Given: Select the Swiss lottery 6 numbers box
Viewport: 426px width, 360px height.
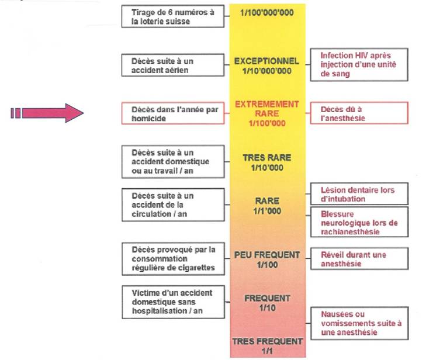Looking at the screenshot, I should tap(173, 16).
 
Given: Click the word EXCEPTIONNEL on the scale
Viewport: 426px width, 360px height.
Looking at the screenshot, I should tap(266, 61).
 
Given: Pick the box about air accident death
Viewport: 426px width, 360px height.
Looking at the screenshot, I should tap(173, 65).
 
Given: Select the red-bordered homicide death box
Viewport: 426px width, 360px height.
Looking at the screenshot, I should tap(173, 113).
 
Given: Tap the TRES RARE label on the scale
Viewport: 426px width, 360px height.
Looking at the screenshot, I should tap(266, 158).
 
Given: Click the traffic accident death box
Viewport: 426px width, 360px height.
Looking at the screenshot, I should tap(173, 205).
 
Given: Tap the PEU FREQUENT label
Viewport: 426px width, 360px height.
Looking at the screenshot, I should tap(266, 255).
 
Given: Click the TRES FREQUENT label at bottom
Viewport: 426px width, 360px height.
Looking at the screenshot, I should tap(266, 341).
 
